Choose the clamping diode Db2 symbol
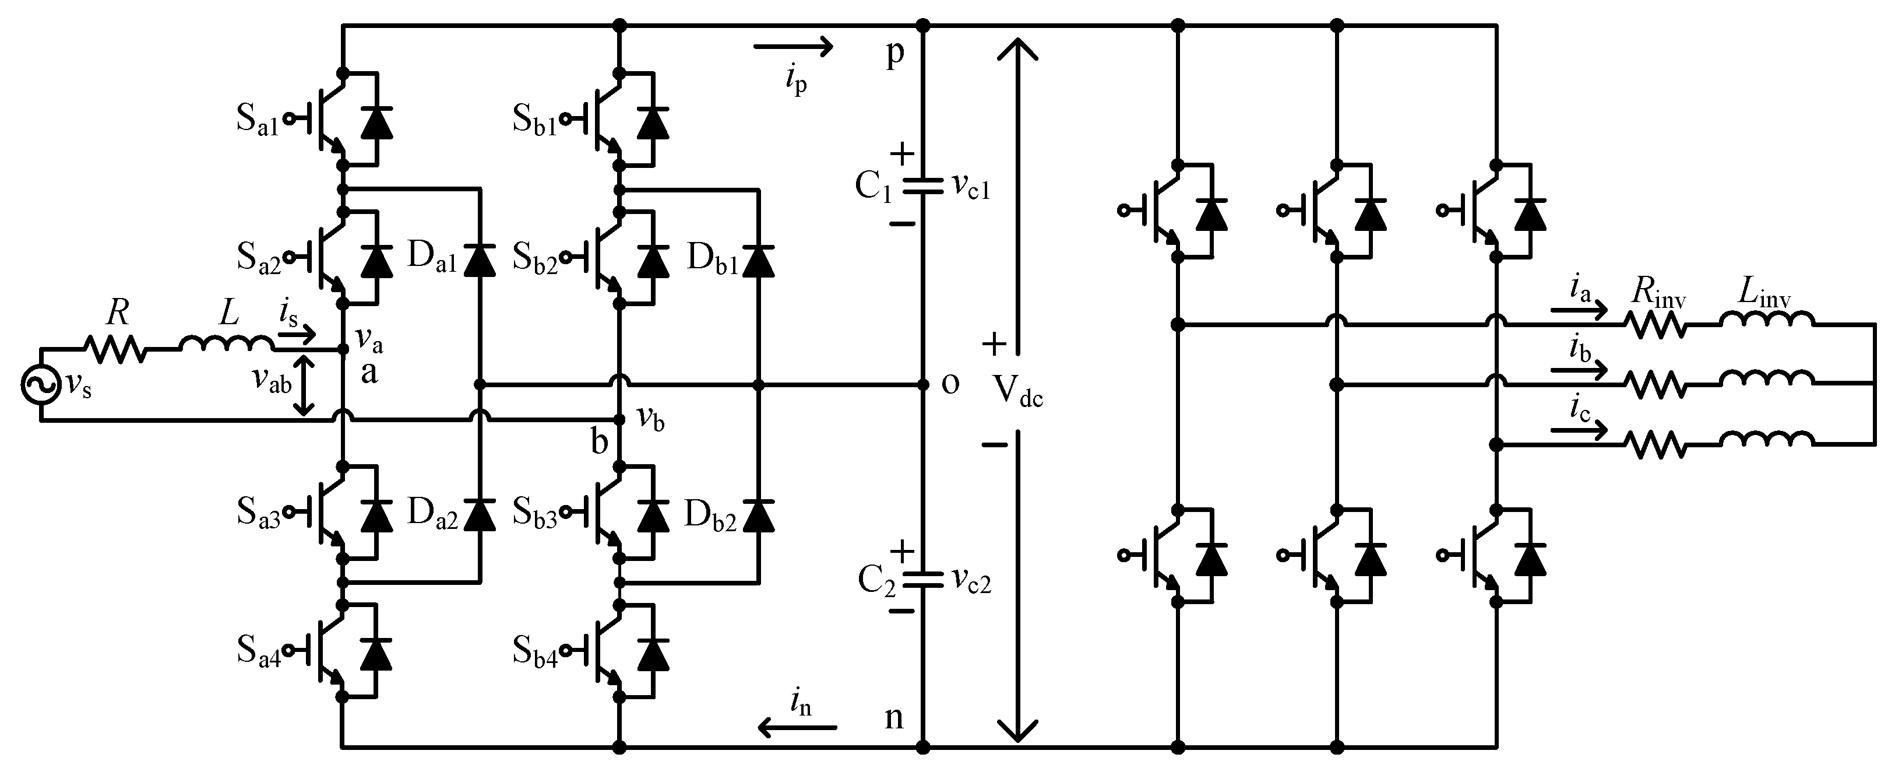pyautogui.click(x=758, y=515)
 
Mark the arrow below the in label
pyautogui.click(x=797, y=728)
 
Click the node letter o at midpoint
pyautogui.click(x=951, y=384)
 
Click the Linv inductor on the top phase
pyautogui.click(x=1766, y=319)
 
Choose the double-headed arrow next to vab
pyautogui.click(x=304, y=384)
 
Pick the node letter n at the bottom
pyautogui.click(x=893, y=717)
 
